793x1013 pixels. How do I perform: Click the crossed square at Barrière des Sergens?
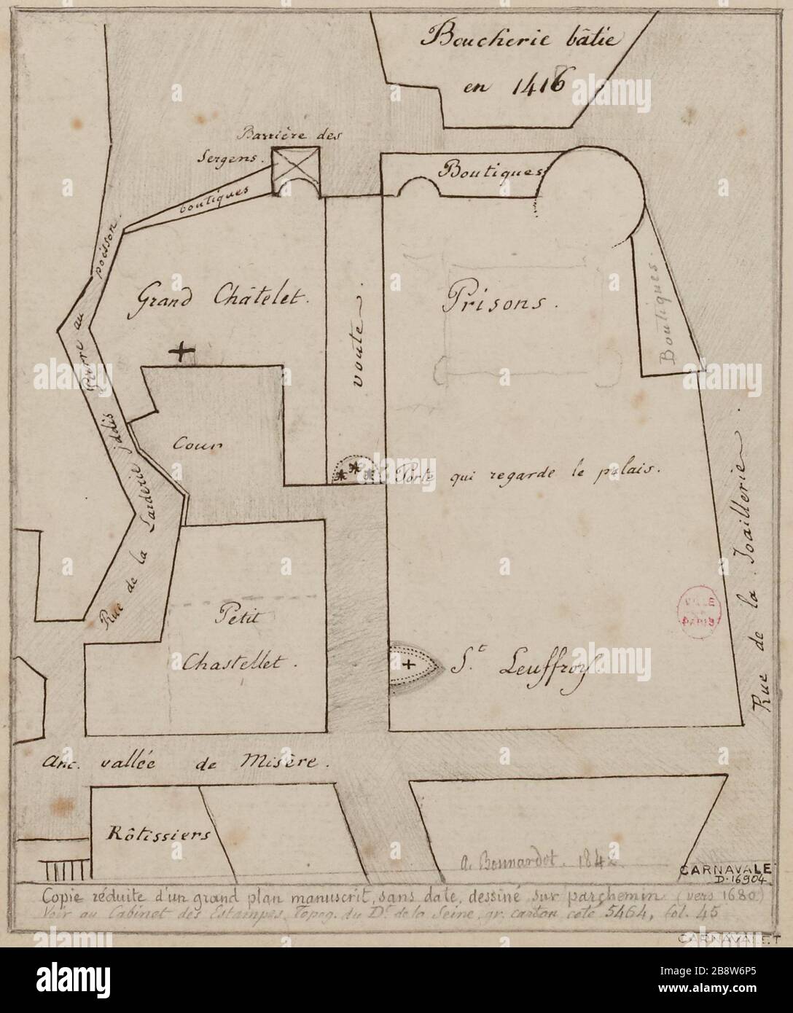pos(294,172)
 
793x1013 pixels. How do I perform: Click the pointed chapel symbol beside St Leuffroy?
pos(411,665)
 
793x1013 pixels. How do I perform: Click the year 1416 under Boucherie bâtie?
pos(516,82)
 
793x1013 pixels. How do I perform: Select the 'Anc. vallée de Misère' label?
pos(186,762)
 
